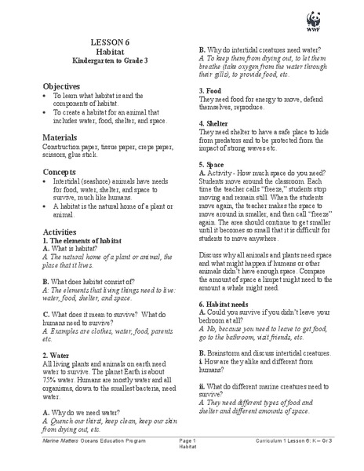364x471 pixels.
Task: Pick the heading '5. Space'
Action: click(214, 166)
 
